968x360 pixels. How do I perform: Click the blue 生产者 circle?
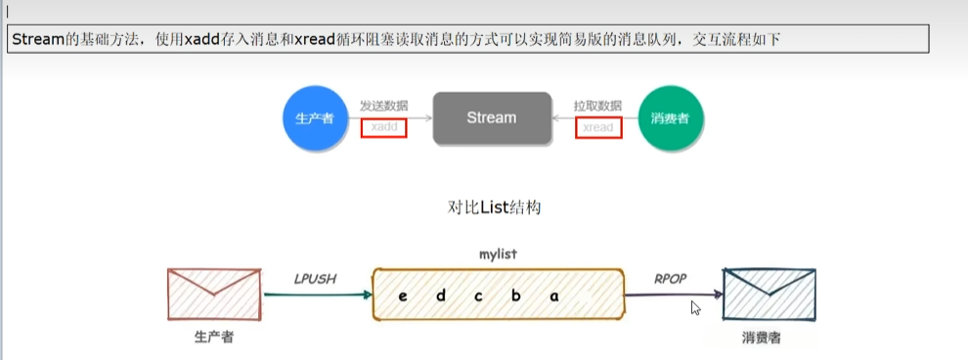[316, 118]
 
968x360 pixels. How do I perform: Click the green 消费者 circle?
[670, 118]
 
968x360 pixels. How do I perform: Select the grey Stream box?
[491, 118]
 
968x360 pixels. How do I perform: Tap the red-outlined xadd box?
[383, 127]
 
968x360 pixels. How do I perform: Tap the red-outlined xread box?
[597, 127]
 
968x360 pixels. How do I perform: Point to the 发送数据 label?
[383, 105]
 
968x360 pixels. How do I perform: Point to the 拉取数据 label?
[597, 105]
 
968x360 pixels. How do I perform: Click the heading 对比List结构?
[494, 207]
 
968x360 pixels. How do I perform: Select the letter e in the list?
[402, 296]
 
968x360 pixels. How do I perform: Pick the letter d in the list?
[440, 296]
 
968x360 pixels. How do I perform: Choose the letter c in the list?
[478, 296]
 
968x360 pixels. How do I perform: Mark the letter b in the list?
[515, 296]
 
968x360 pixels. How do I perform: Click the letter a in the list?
[553, 296]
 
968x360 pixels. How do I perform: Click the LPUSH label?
[315, 279]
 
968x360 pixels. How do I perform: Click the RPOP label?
[670, 279]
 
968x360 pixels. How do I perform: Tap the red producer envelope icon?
[214, 294]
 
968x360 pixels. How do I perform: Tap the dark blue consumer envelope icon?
[769, 294]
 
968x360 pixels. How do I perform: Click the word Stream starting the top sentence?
[38, 39]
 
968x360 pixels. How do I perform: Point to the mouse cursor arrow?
[695, 307]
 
